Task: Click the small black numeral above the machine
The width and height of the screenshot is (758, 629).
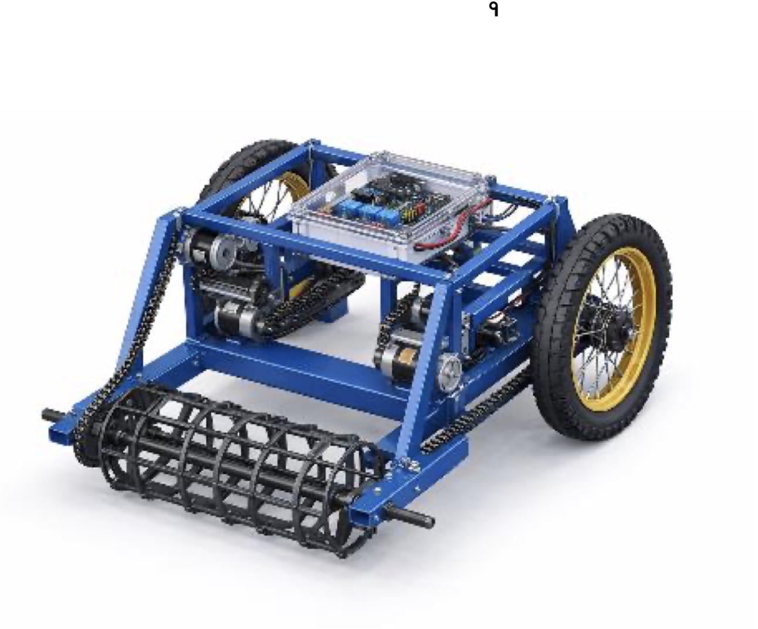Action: tap(494, 10)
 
